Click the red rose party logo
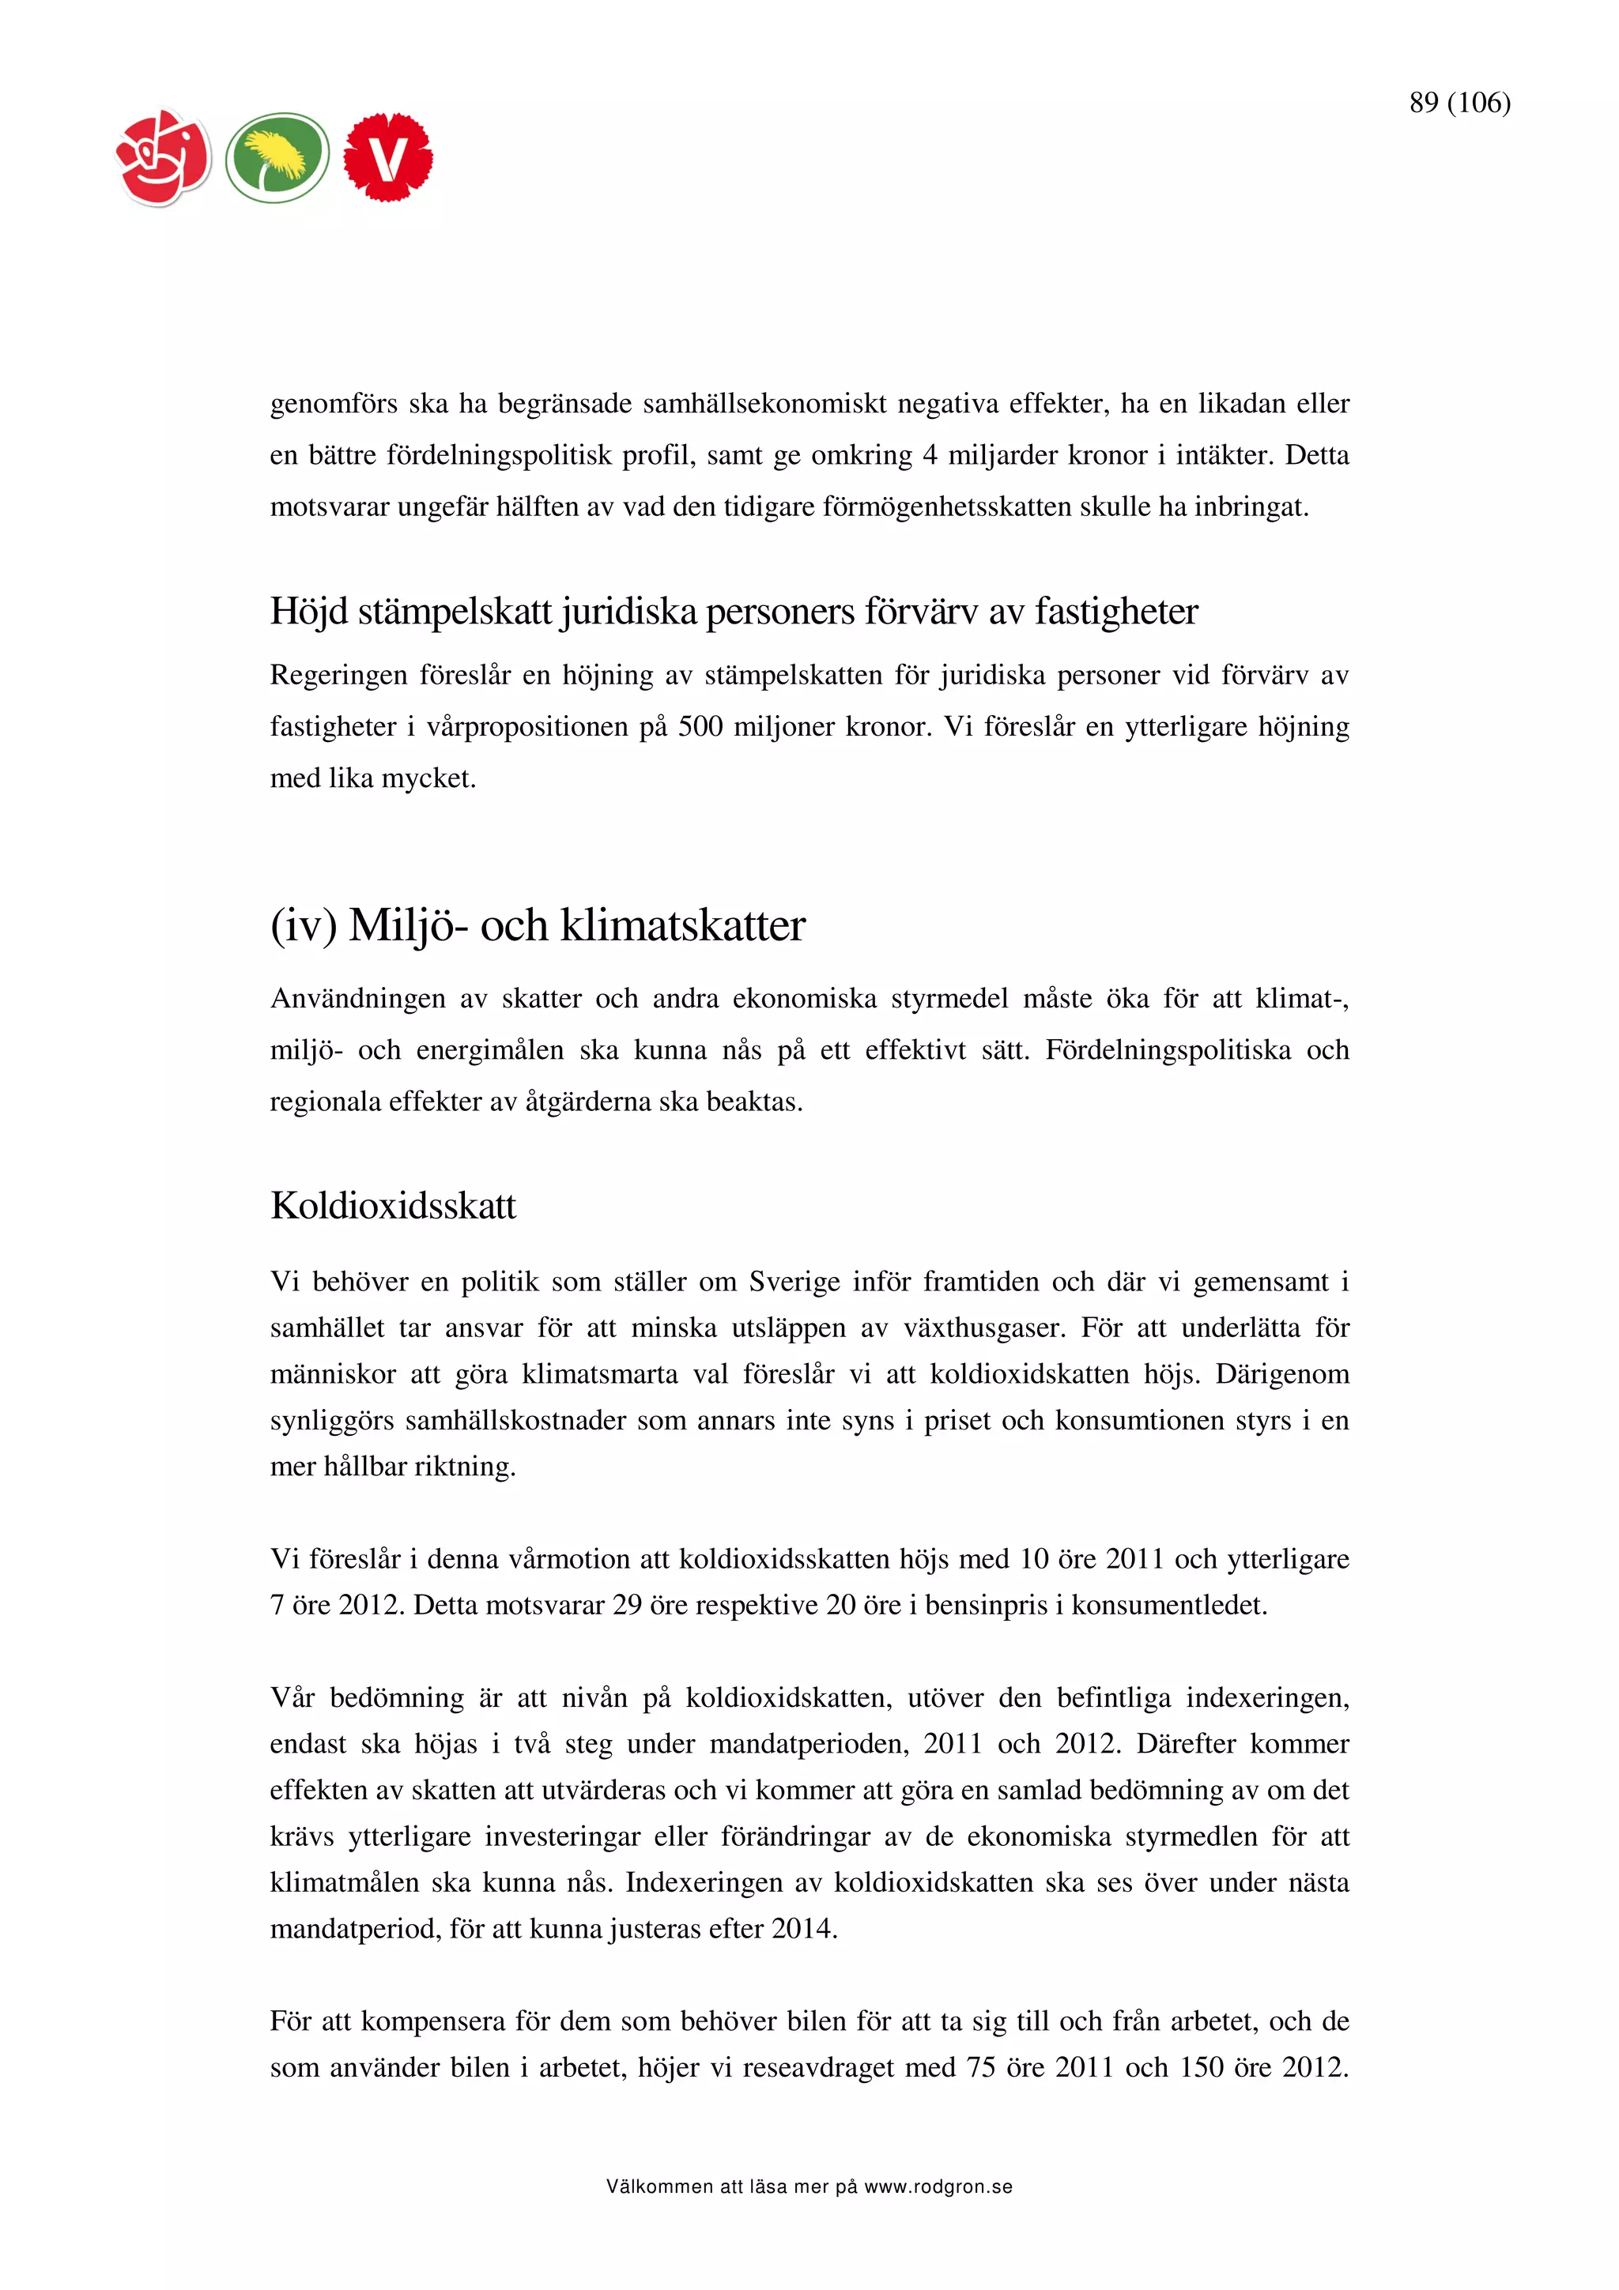click(x=164, y=157)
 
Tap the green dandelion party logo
click(x=277, y=157)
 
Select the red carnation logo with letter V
click(x=388, y=157)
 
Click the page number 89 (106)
click(x=1459, y=102)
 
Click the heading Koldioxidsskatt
click(x=393, y=1206)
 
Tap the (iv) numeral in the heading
click(x=304, y=925)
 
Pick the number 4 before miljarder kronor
click(x=930, y=456)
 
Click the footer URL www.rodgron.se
click(x=938, y=2187)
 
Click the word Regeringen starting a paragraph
click(x=338, y=676)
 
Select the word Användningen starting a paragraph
click(x=357, y=998)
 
